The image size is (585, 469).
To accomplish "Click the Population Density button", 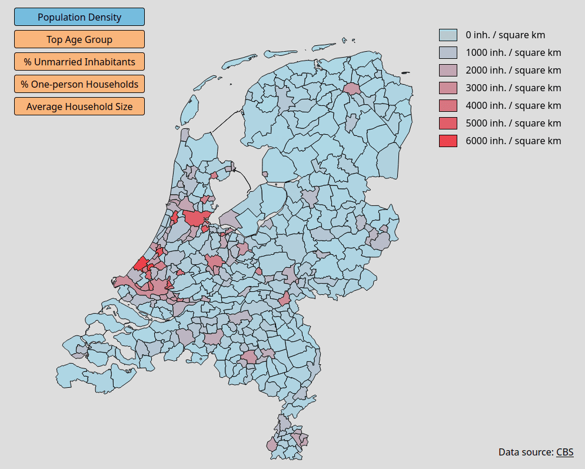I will pos(79,17).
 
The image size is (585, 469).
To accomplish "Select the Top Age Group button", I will pos(79,39).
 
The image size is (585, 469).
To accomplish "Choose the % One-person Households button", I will pos(79,84).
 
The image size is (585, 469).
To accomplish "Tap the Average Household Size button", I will pos(79,107).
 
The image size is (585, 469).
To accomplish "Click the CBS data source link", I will pos(564,452).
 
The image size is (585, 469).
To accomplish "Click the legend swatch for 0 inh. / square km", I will pos(448,35).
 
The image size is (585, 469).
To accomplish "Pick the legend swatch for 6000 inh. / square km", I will pos(448,141).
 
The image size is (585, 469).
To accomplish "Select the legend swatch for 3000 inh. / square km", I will pos(448,88).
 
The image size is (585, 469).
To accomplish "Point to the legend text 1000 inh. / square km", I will pos(513,52).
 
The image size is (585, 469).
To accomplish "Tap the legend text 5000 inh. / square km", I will pos(513,123).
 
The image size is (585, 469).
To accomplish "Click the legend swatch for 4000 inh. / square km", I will pos(448,106).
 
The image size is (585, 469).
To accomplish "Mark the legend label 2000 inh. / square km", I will pos(513,70).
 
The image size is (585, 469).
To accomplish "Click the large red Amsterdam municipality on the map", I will pos(195,218).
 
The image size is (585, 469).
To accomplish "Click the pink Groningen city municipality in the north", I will pos(353,89).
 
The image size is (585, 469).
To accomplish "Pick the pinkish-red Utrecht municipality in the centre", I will pos(215,261).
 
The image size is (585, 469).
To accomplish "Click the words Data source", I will pos(526,452).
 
